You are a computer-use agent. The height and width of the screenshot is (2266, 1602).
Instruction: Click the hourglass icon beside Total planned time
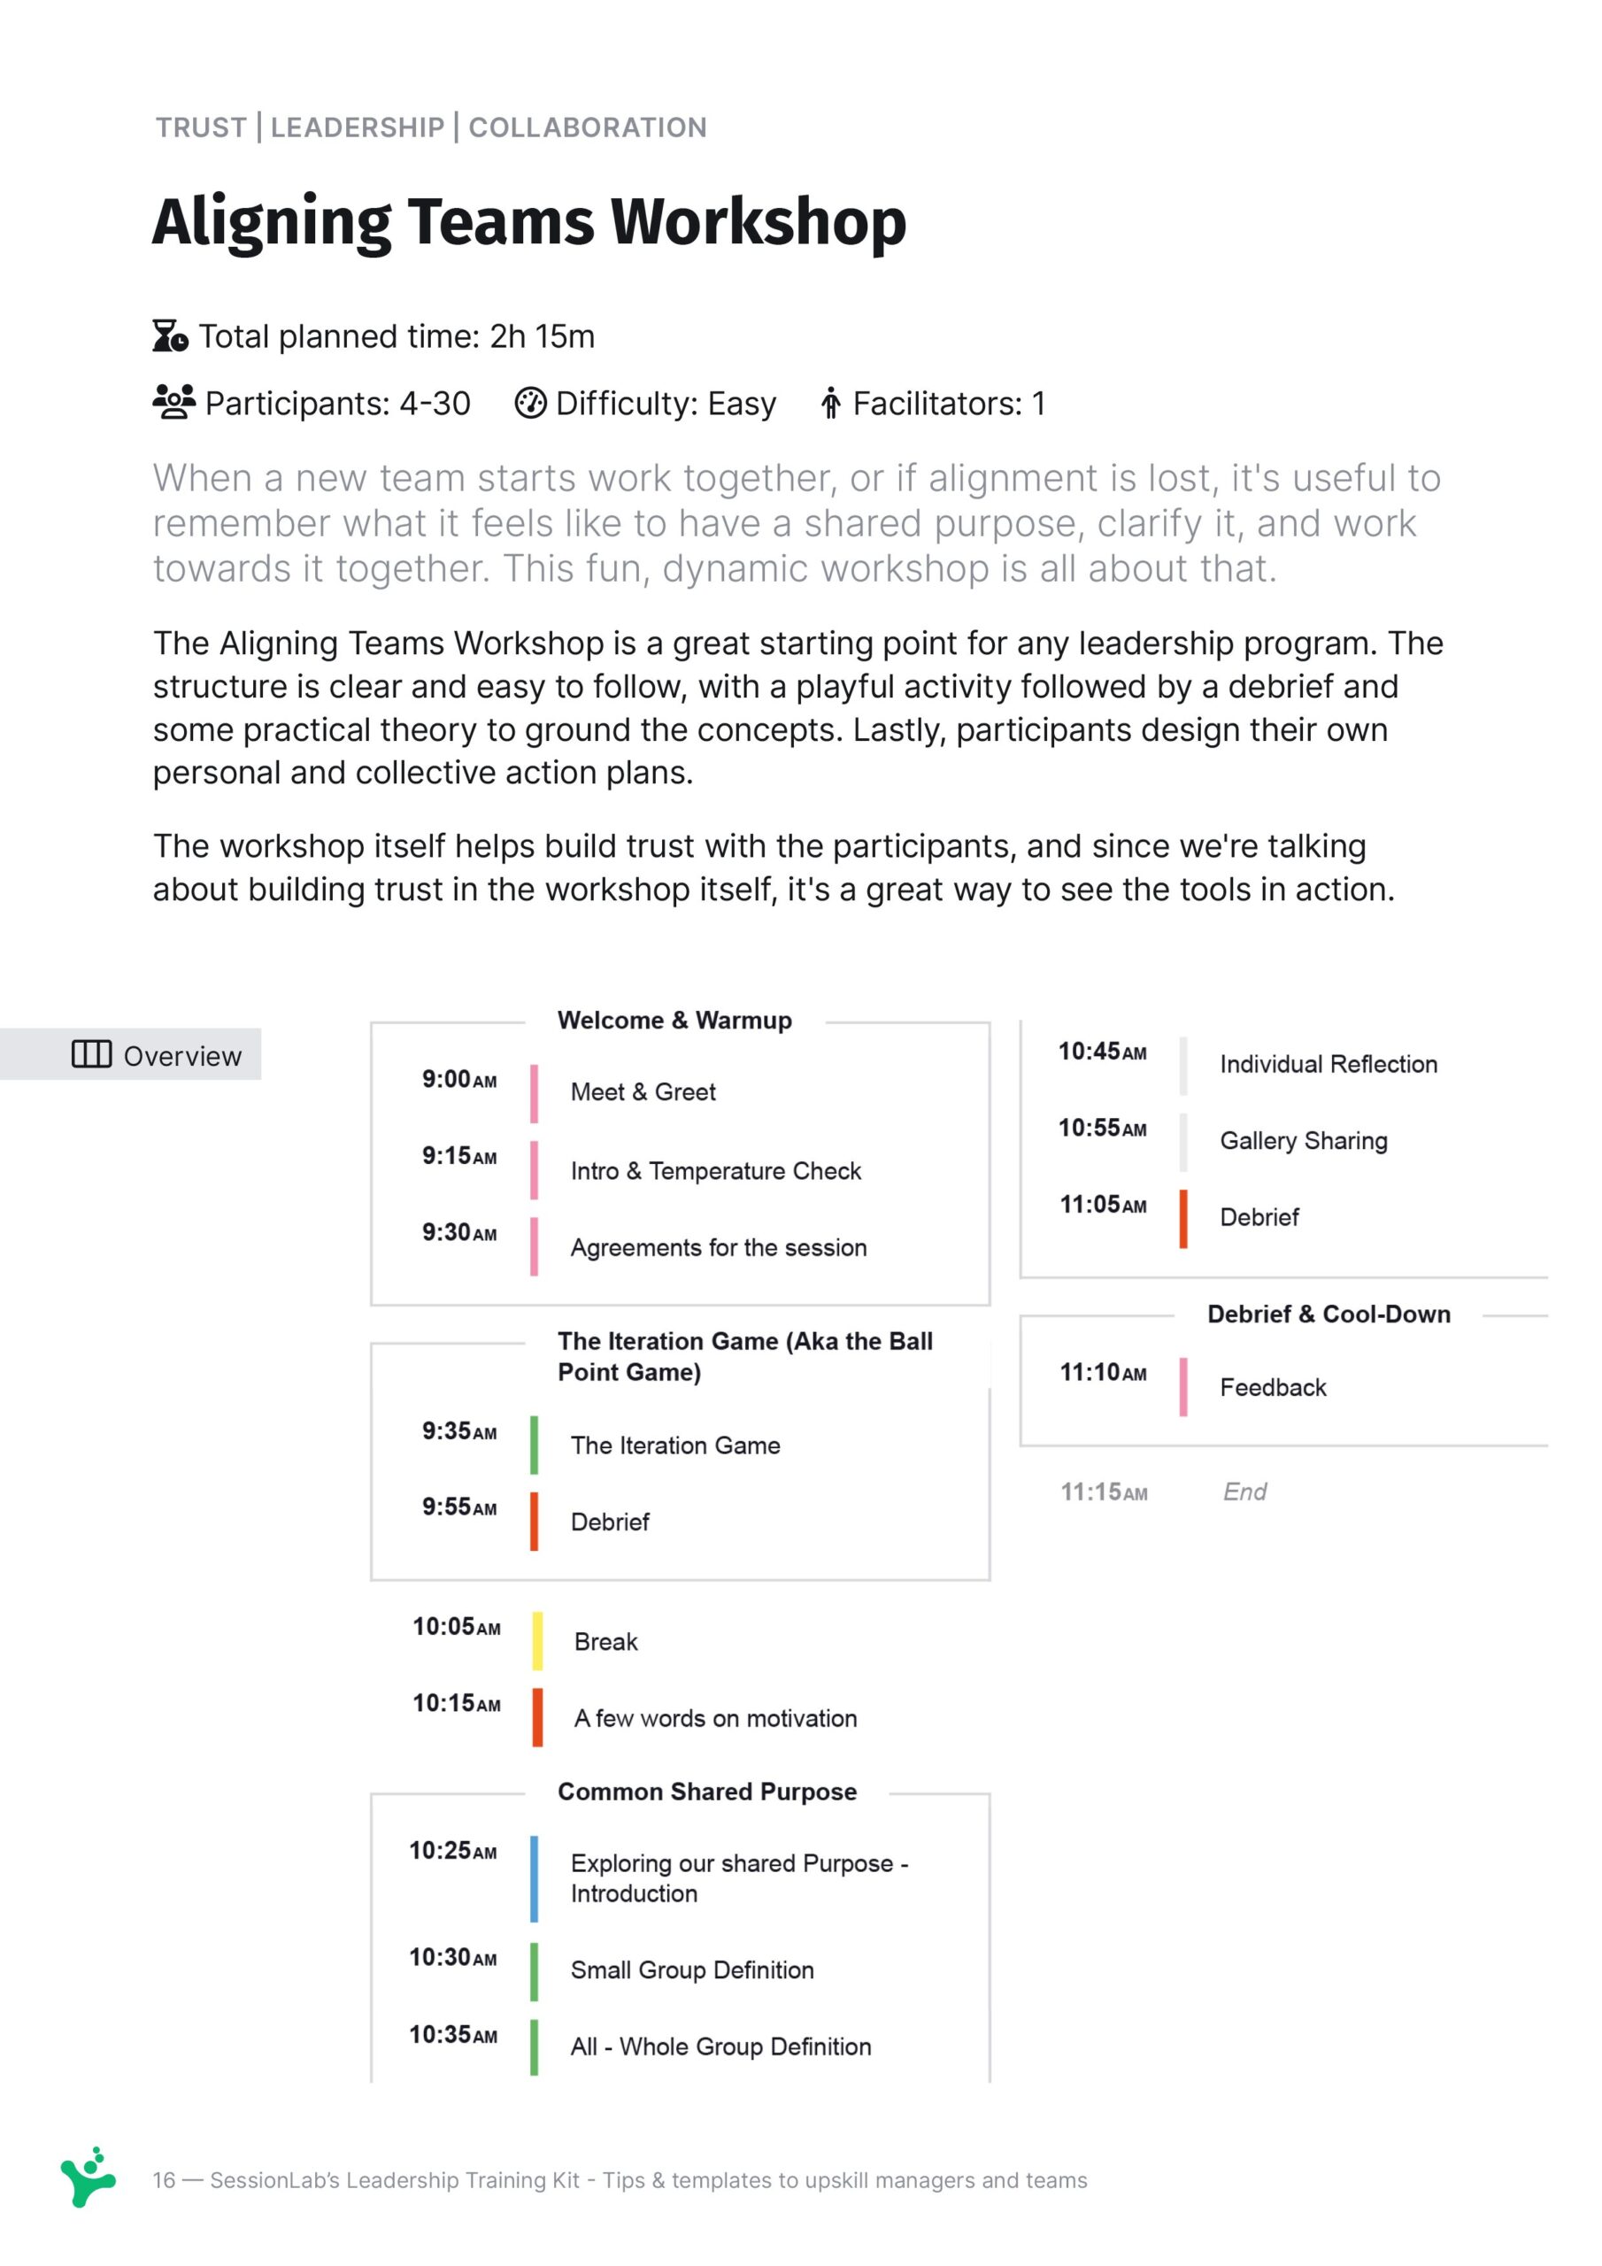[170, 335]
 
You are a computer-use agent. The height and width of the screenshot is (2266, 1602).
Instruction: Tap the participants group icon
[173, 402]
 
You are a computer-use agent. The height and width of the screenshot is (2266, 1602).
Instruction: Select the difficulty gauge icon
[530, 403]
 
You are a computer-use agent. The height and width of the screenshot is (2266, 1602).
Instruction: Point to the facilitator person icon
[830, 403]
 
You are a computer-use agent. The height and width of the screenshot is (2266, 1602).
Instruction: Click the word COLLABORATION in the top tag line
[588, 127]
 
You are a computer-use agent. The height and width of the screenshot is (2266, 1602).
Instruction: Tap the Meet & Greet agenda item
[643, 1091]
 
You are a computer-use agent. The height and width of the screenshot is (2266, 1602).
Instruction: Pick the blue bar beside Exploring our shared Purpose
[534, 1878]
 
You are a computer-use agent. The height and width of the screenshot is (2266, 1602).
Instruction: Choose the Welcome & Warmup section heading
[674, 1020]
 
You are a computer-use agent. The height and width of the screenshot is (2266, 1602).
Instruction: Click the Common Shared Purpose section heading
[706, 1792]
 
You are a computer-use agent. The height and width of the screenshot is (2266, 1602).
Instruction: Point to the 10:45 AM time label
[1102, 1052]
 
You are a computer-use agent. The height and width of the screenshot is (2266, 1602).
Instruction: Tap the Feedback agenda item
[1273, 1387]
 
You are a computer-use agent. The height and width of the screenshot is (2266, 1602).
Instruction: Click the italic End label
[1244, 1491]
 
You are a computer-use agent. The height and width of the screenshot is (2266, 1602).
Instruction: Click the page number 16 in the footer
[164, 2180]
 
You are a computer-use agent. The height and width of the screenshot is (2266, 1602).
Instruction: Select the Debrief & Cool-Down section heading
[1329, 1314]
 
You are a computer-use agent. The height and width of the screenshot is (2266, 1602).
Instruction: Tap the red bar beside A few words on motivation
[537, 1717]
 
